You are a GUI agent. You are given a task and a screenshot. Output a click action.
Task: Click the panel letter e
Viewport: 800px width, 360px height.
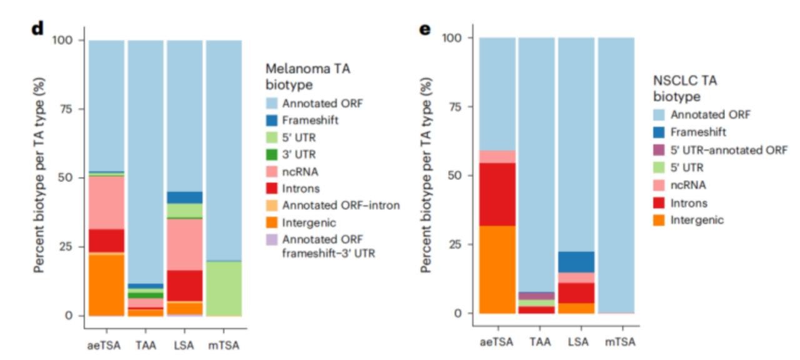(425, 29)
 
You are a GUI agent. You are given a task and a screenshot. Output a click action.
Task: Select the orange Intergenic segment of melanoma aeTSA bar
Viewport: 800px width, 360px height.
(106, 284)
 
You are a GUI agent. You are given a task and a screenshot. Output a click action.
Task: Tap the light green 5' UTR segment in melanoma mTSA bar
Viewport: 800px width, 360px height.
(224, 288)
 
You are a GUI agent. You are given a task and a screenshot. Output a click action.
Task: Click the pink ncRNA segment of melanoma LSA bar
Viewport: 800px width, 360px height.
(184, 244)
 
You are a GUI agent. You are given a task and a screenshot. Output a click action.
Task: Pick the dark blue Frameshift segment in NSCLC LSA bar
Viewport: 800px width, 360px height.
(576, 262)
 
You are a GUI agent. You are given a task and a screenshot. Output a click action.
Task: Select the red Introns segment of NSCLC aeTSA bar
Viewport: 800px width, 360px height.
(497, 194)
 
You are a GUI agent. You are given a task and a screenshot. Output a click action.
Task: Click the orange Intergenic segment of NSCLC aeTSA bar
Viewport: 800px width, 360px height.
(497, 269)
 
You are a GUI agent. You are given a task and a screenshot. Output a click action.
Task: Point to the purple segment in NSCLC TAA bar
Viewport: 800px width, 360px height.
(537, 296)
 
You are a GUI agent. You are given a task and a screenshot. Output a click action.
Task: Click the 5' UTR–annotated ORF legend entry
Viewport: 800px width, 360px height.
(729, 150)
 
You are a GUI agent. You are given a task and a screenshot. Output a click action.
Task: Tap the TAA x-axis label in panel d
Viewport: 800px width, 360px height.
(146, 345)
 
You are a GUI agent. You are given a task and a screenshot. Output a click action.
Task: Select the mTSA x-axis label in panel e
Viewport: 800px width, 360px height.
(617, 342)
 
